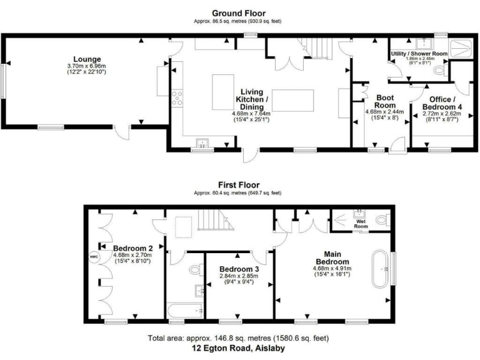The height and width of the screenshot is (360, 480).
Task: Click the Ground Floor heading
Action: [x=238, y=13]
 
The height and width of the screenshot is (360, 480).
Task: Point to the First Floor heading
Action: [x=238, y=185]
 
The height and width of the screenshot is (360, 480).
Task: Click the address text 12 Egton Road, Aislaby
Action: [x=238, y=349]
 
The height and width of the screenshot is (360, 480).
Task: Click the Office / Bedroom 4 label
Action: [x=445, y=103]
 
